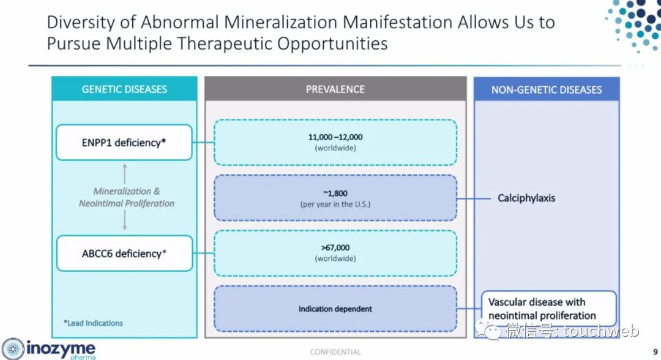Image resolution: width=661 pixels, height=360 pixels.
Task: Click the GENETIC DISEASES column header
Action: (124, 89)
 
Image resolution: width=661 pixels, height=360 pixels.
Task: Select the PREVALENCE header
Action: (335, 89)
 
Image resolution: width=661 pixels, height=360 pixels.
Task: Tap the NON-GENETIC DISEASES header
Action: (547, 89)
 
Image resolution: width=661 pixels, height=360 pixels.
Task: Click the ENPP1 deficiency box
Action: (124, 143)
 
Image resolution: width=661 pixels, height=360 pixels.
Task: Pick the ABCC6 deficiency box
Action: (124, 253)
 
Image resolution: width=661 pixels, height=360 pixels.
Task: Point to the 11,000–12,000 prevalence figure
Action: (335, 137)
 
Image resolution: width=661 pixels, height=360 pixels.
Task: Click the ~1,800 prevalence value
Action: (335, 193)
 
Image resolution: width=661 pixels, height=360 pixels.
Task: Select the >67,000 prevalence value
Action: (335, 247)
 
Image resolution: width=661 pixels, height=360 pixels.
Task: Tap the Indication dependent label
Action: (335, 309)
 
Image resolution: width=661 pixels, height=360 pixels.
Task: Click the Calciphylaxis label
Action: (526, 198)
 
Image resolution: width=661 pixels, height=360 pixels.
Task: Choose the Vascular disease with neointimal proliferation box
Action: (549, 309)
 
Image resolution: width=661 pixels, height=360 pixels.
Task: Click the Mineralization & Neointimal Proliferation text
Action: (127, 197)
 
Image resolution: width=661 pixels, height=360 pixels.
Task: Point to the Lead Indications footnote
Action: (93, 323)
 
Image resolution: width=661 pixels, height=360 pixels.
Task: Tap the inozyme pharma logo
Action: (49, 349)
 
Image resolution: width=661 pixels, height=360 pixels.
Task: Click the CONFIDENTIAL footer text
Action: (335, 352)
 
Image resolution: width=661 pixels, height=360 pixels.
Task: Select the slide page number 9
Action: (655, 351)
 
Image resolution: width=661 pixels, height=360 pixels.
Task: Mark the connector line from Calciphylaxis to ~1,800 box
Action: (474, 198)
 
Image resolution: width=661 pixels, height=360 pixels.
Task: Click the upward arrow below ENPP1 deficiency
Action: (124, 173)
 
